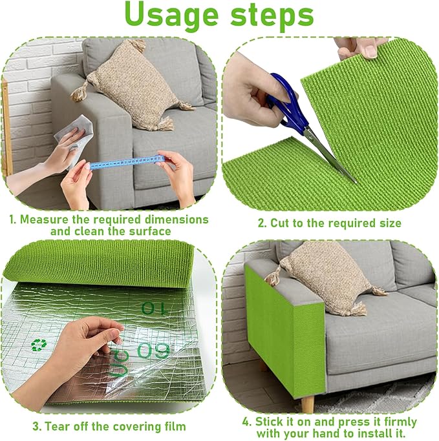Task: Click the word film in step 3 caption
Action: pos(173,426)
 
